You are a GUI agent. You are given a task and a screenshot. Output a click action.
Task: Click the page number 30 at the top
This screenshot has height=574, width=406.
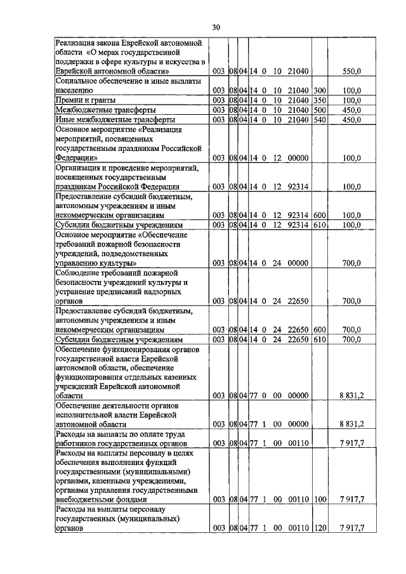tap(216, 27)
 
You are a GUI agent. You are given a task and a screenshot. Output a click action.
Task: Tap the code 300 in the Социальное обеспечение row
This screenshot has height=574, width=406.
tap(319, 91)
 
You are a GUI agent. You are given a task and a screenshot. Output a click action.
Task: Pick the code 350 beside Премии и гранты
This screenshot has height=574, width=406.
tap(319, 100)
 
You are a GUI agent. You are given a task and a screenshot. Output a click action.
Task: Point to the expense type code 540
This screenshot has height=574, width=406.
tap(319, 119)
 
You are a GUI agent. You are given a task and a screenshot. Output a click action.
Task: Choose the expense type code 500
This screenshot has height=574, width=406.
tap(319, 110)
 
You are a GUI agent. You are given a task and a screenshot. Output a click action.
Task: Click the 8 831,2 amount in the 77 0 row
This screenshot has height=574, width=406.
tap(350, 395)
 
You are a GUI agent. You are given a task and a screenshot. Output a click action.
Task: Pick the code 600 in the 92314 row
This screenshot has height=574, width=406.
tap(319, 216)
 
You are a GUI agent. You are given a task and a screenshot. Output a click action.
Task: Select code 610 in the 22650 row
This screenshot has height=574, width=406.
tap(319, 339)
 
